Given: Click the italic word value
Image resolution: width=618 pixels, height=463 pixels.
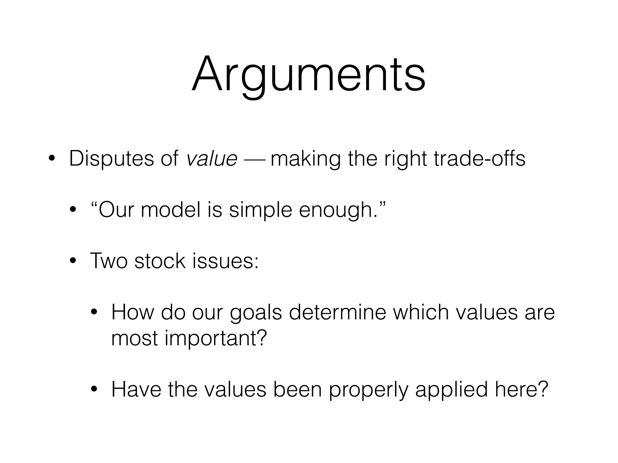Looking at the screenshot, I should [212, 159].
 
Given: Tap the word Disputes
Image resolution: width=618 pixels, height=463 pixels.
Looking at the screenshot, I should [111, 159].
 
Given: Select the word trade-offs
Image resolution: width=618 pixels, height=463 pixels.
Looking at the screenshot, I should [479, 159].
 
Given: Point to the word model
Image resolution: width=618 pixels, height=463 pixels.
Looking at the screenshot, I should [170, 210].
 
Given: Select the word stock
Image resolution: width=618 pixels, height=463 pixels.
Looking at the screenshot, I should [160, 261].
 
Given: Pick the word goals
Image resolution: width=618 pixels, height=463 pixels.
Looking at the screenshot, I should [256, 313].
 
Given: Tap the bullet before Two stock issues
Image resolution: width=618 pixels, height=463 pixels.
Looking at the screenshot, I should [73, 261].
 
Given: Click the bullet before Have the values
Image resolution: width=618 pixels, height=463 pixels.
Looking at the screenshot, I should [94, 389].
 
